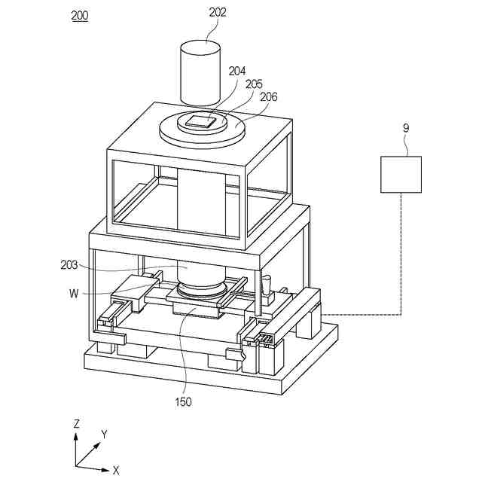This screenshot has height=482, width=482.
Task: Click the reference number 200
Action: coord(79,15)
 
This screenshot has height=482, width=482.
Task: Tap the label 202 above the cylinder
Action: coord(218,12)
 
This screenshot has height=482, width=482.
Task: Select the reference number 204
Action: coord(237,72)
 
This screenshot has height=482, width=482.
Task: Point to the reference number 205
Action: coord(254,84)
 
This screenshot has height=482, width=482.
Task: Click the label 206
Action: coord(269,96)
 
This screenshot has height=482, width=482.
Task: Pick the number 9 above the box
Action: coord(406,128)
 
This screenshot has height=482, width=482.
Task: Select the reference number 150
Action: coord(182,401)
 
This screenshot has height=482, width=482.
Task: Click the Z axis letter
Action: coord(76,424)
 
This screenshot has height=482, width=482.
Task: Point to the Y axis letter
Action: coord(105,435)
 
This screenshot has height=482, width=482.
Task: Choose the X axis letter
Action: coord(116,470)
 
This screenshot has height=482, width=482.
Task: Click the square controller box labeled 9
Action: coord(400,174)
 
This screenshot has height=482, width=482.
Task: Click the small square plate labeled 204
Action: coord(201,120)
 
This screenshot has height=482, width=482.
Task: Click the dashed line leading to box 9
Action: coord(400,256)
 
